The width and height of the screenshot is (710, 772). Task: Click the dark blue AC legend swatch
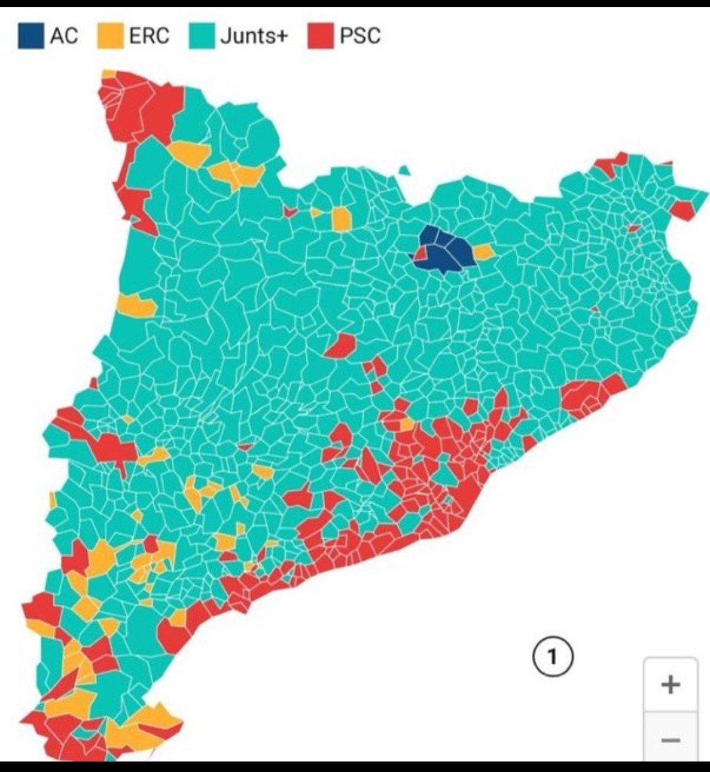click(30, 35)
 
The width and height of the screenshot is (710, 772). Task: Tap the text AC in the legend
click(64, 35)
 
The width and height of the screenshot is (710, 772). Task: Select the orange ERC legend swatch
click(110, 35)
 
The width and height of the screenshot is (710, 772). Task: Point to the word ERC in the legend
click(149, 35)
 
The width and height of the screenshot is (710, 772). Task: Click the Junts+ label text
click(254, 35)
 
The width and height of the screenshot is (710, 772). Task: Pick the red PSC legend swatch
click(320, 35)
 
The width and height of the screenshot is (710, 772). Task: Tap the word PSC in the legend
click(360, 35)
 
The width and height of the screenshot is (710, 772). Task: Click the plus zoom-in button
click(670, 685)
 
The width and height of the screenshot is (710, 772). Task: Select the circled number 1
click(552, 656)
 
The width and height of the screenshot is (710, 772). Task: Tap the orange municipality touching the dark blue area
click(484, 252)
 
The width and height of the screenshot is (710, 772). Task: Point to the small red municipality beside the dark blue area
click(419, 254)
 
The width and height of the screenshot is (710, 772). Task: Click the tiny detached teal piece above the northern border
click(404, 171)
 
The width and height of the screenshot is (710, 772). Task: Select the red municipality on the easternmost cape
click(682, 210)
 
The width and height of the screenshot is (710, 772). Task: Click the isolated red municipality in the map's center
click(340, 346)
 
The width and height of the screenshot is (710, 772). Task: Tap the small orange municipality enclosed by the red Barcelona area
click(407, 424)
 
